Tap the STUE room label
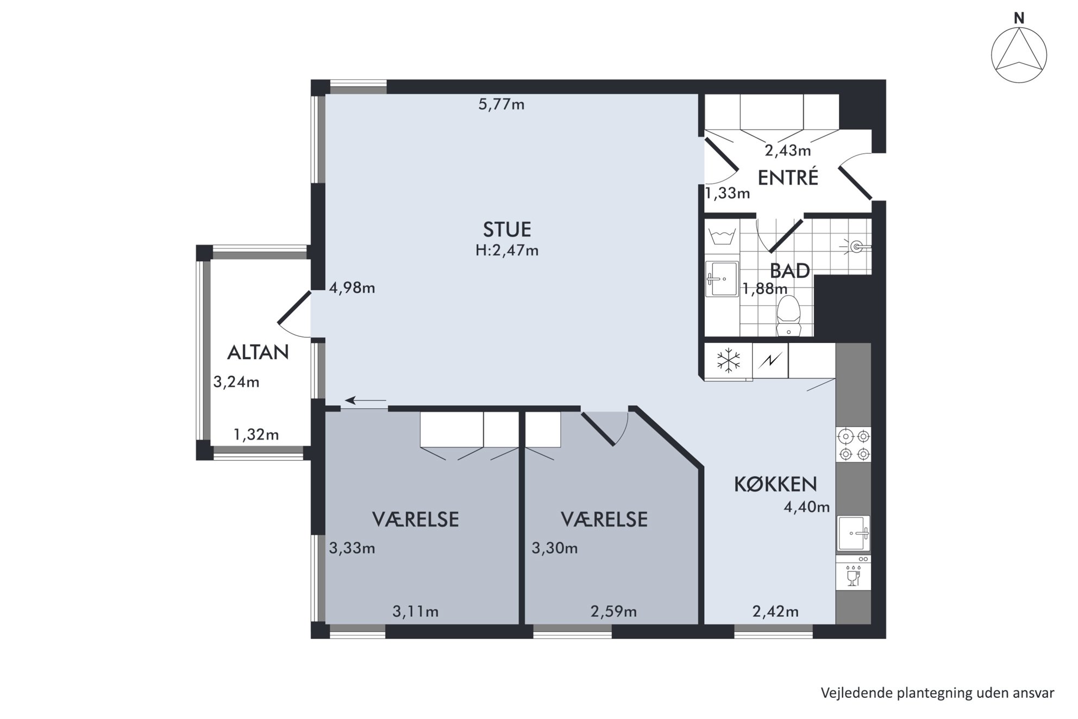click(x=507, y=229)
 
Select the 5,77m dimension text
click(x=502, y=104)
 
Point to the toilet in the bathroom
click(x=789, y=316)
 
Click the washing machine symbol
click(x=723, y=236)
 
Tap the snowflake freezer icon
click(x=729, y=361)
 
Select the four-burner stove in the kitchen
click(x=854, y=445)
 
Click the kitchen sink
click(x=854, y=533)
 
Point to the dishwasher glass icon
click(x=854, y=576)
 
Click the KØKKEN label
click(x=775, y=484)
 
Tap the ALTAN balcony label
click(x=258, y=352)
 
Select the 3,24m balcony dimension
click(x=236, y=382)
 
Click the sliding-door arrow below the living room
click(x=366, y=401)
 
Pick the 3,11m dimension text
click(x=416, y=612)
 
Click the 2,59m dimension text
click(x=613, y=612)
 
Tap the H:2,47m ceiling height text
click(x=507, y=251)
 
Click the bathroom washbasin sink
click(x=722, y=279)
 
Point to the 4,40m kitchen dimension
click(x=807, y=507)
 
